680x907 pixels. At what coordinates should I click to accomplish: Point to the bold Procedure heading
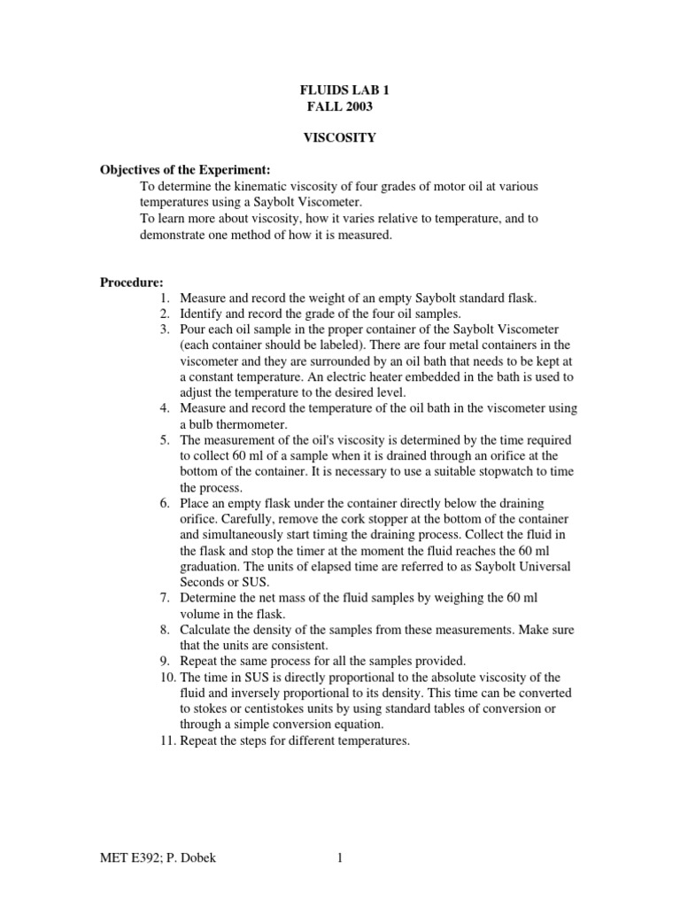131,283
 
